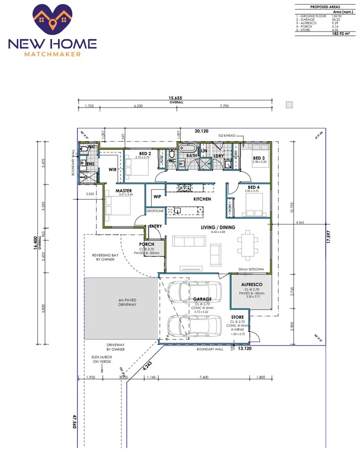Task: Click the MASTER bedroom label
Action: (x=124, y=191)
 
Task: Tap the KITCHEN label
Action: (x=202, y=199)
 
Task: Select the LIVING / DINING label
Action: (x=218, y=227)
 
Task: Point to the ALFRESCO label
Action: (x=252, y=284)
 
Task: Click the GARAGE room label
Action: (x=203, y=299)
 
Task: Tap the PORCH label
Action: (x=147, y=245)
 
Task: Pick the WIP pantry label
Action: (x=157, y=197)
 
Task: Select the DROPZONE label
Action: (x=155, y=211)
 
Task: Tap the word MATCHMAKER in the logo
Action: (x=53, y=54)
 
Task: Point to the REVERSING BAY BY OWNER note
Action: (x=103, y=257)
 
